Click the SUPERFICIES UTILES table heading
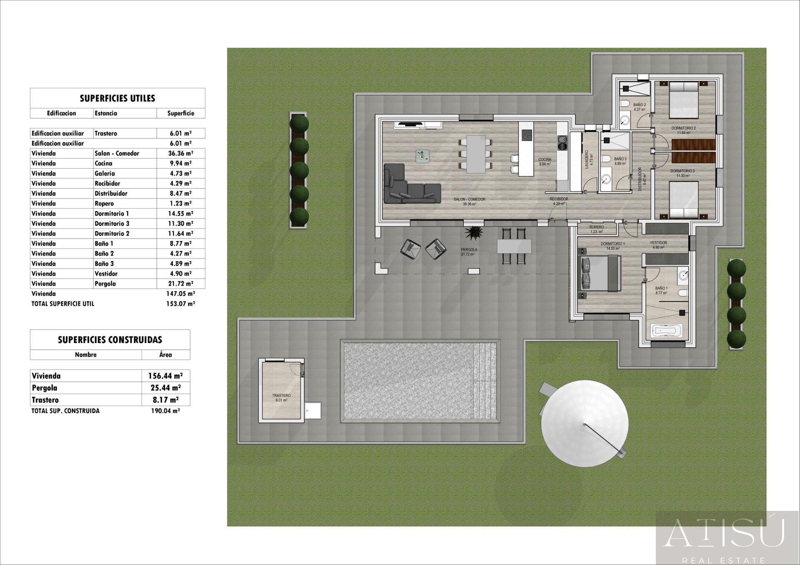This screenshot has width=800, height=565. [x=117, y=98]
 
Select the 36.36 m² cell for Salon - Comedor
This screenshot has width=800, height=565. [x=180, y=153]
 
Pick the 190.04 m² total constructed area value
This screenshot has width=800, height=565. [x=165, y=411]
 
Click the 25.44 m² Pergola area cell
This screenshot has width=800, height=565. [x=165, y=388]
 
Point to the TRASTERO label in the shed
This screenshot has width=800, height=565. [x=281, y=396]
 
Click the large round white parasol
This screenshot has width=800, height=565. [x=584, y=423]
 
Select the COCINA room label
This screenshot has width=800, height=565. [x=545, y=159]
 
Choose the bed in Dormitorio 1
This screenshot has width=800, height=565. [x=600, y=273]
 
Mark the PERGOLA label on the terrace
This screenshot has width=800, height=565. [x=469, y=250]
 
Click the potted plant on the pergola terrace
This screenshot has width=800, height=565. [x=474, y=233]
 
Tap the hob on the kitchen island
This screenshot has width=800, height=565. [x=527, y=135]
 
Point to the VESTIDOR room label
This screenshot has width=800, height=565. [x=658, y=243]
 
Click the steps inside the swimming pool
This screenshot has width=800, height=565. [x=485, y=381]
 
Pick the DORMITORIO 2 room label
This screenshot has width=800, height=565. [x=683, y=128]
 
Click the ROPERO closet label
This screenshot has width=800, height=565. [x=596, y=227]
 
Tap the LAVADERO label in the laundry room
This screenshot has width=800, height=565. [x=587, y=159]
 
